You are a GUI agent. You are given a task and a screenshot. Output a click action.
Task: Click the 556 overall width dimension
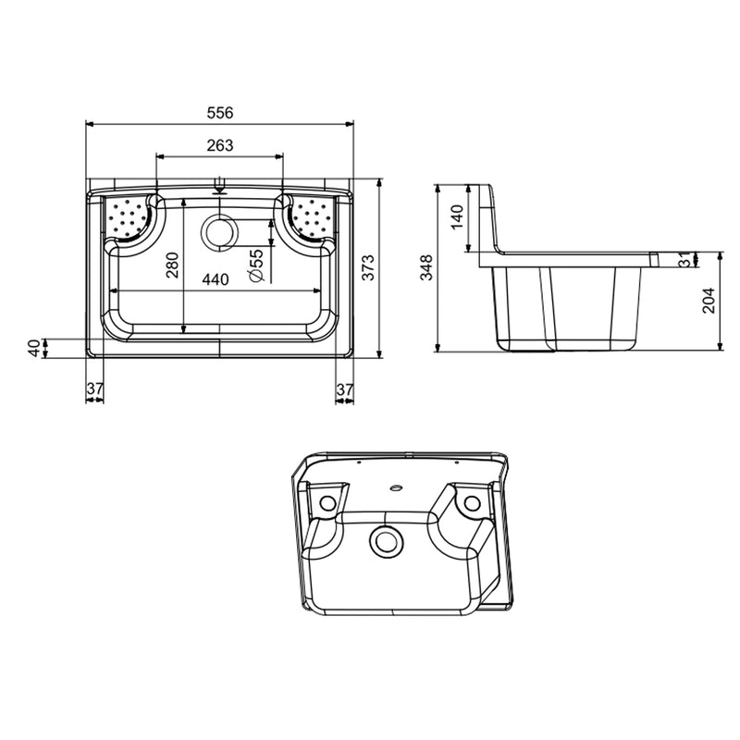pyautogui.click(x=219, y=112)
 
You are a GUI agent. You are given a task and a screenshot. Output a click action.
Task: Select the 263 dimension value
pyautogui.click(x=219, y=144)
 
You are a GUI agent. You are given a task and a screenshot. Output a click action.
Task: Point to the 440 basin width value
pyautogui.click(x=216, y=279)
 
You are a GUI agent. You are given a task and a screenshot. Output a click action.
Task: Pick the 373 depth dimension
pyautogui.click(x=368, y=268)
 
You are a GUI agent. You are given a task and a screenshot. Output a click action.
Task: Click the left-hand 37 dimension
pyautogui.click(x=94, y=390)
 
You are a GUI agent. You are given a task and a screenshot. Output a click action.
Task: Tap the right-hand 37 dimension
pyautogui.click(x=344, y=390)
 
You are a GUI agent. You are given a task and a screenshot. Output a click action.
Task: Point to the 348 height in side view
pyautogui.click(x=425, y=268)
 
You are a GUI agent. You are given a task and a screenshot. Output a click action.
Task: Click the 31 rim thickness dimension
pyautogui.click(x=684, y=260)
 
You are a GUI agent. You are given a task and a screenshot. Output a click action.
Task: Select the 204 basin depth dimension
pyautogui.click(x=708, y=302)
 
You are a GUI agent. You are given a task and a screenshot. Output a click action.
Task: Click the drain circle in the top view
pyautogui.click(x=220, y=231)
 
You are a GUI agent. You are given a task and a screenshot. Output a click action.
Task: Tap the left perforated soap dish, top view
pyautogui.click(x=128, y=218)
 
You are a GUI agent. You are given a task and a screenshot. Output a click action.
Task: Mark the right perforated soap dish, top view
pyautogui.click(x=311, y=218)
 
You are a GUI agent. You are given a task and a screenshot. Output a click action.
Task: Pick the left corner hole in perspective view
pyautogui.click(x=327, y=504)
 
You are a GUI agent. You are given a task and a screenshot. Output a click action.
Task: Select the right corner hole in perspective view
pyautogui.click(x=472, y=503)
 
